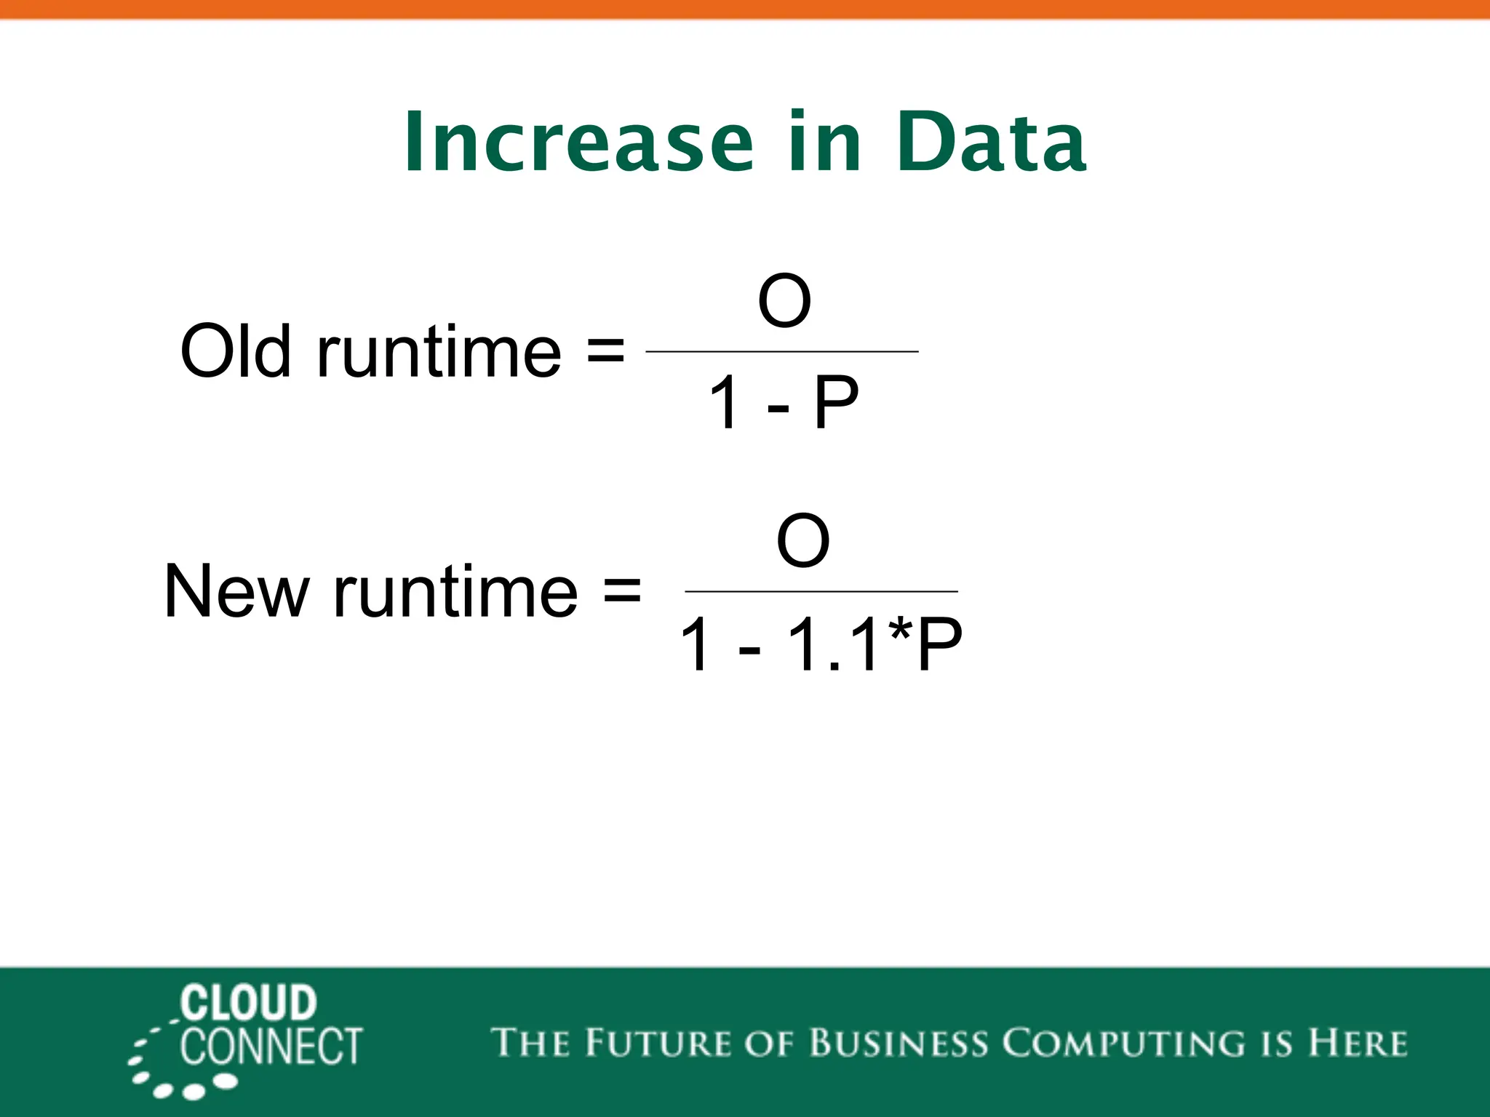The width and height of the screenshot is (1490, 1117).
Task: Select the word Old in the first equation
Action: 235,351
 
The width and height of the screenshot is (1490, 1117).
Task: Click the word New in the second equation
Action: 237,591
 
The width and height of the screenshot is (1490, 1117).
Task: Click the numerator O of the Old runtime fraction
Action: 784,301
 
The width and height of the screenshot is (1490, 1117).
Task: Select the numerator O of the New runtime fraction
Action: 802,541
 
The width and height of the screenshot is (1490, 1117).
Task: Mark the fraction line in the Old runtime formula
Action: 782,351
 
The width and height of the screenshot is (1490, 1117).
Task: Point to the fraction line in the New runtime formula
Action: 821,592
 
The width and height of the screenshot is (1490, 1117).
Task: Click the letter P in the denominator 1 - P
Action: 836,402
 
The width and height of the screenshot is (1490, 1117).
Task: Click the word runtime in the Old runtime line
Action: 439,353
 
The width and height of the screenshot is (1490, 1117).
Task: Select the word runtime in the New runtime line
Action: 455,593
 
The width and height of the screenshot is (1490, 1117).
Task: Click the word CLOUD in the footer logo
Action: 248,1004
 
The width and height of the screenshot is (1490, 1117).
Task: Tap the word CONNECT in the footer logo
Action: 271,1047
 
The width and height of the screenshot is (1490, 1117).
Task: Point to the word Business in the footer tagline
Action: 899,1043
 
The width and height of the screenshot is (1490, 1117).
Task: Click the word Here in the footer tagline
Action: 1358,1043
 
